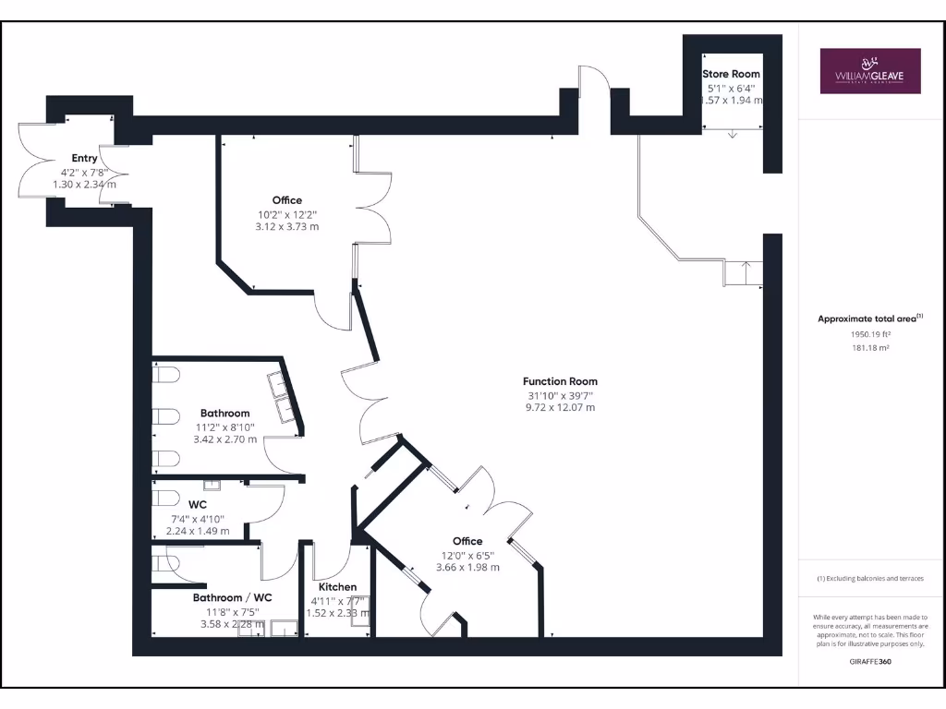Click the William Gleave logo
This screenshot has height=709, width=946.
(870, 71)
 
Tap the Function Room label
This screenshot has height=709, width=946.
(560, 381)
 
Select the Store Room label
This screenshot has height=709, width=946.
(731, 74)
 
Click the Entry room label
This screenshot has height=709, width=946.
(85, 159)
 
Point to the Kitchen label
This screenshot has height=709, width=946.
(337, 587)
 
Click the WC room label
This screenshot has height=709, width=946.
(197, 505)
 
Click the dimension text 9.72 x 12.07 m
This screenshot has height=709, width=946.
(560, 407)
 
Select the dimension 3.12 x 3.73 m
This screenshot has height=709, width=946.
(286, 226)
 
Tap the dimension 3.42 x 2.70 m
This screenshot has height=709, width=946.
(224, 439)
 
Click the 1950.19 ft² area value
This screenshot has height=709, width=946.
(869, 334)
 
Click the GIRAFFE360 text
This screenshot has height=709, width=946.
(869, 662)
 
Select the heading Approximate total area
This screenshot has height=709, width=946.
(869, 318)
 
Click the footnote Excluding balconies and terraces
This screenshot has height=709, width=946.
(869, 579)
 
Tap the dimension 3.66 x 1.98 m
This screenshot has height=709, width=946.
(467, 567)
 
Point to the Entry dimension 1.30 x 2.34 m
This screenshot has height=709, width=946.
(85, 185)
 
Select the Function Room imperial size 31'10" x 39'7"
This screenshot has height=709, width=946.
(560, 394)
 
